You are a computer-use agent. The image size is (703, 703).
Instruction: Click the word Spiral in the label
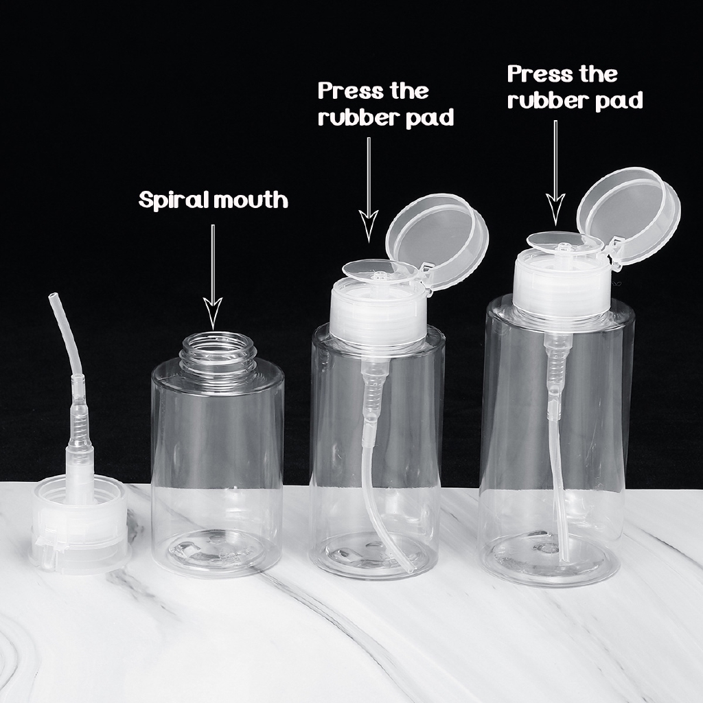pyautogui.click(x=174, y=200)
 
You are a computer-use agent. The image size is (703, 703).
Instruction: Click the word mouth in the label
pyautogui.click(x=250, y=200)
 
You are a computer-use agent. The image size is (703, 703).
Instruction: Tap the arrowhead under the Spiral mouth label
pyautogui.click(x=213, y=313)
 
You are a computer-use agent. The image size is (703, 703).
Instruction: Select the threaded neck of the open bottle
pyautogui.click(x=218, y=353)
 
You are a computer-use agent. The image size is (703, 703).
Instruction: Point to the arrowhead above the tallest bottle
pyautogui.click(x=555, y=209)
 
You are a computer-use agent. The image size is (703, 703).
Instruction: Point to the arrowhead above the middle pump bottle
pyautogui.click(x=369, y=226)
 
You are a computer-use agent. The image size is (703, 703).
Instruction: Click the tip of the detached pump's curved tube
pyautogui.click(x=53, y=297)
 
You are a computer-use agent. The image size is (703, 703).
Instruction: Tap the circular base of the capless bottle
pyautogui.click(x=216, y=552)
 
